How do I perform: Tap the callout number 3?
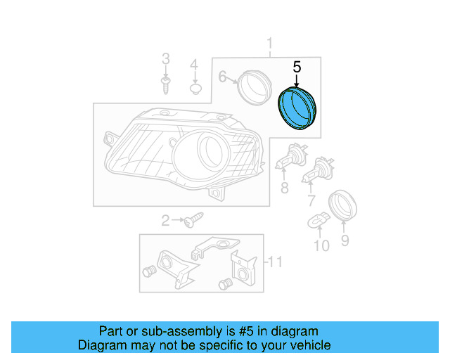[x=166, y=58]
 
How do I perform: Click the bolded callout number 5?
[x=297, y=67]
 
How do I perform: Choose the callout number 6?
[x=222, y=77]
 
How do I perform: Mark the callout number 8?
[x=285, y=188]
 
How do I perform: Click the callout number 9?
[x=345, y=241]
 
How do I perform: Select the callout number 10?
[x=321, y=245]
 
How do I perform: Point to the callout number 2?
[x=166, y=221]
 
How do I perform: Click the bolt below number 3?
[x=166, y=86]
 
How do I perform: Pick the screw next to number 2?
[x=191, y=221]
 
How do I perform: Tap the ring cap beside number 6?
[x=251, y=85]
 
